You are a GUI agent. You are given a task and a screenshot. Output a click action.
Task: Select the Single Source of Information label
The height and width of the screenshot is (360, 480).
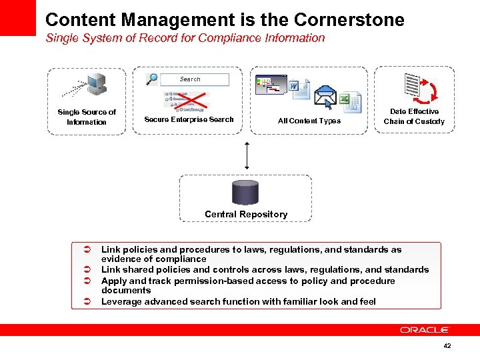coord(87,117)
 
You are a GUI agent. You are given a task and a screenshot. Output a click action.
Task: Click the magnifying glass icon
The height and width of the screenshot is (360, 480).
coord(152,79)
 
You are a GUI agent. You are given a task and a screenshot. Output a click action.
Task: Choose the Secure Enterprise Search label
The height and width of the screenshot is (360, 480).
coord(189,120)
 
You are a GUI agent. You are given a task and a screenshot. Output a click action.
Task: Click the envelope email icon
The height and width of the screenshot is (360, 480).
coord(326,97)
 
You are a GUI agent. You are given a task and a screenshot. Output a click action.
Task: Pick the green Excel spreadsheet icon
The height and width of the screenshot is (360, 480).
coord(350,101)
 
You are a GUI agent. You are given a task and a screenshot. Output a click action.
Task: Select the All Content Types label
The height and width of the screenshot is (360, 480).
coord(309,121)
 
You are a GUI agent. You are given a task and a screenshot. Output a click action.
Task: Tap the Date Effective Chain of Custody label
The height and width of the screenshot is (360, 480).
coord(414,117)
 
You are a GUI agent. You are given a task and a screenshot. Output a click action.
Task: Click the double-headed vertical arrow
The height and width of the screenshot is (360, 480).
coord(247,155)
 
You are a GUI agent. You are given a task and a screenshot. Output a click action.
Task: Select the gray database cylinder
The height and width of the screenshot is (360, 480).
coord(245,192)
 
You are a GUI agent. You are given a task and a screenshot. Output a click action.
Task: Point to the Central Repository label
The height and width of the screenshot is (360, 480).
coord(246,215)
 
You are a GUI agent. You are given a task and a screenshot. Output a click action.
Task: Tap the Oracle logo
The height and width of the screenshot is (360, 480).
coord(425,330)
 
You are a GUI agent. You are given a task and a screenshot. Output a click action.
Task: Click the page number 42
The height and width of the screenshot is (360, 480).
coord(447,346)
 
